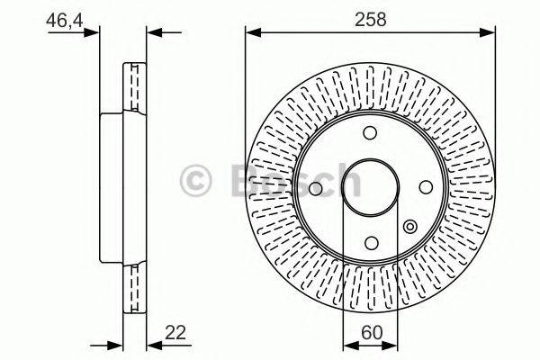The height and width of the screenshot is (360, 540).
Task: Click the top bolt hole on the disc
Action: point(370,133)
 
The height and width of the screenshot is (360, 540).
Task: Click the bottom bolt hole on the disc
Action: point(370,241)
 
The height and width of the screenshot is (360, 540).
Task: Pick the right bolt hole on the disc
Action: point(424,187)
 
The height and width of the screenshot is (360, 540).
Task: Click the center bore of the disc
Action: point(370,187)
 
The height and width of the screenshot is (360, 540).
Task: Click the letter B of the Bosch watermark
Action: point(244,180)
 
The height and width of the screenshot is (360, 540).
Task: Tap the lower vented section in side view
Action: point(135,288)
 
